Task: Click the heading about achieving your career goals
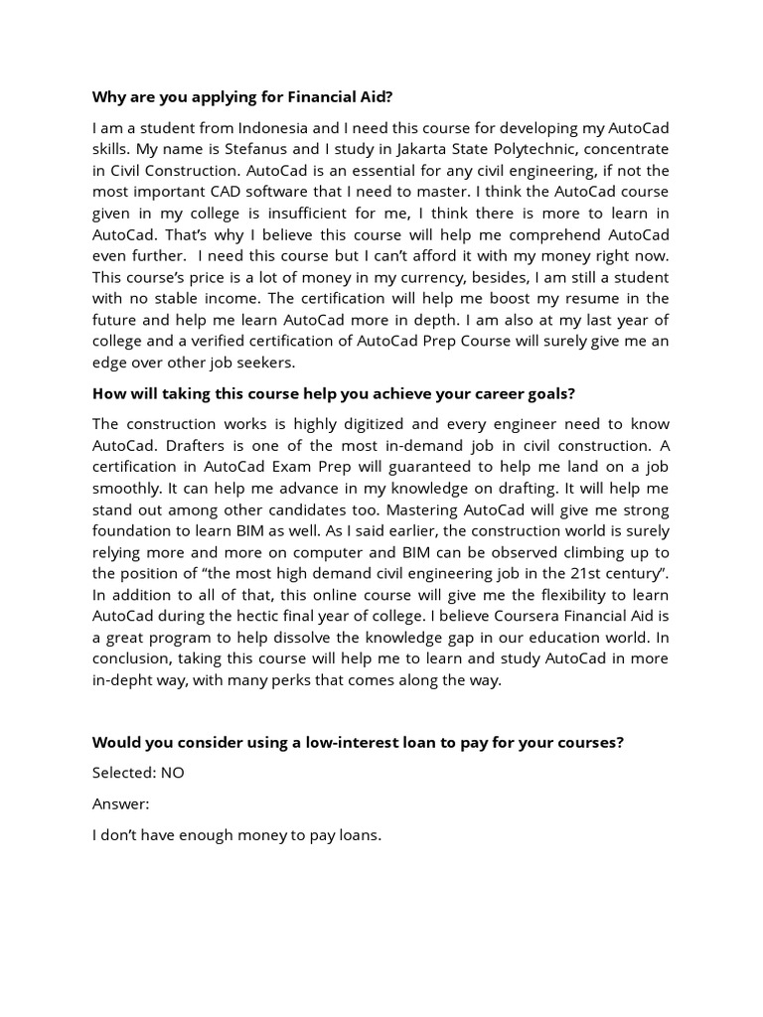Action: click(x=334, y=393)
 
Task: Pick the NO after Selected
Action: click(x=172, y=773)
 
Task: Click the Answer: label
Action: click(x=120, y=803)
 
